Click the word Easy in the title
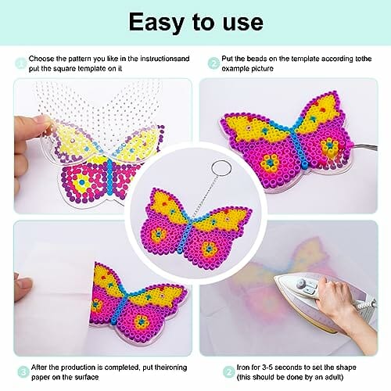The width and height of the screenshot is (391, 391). [157, 23]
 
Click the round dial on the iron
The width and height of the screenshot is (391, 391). [302, 283]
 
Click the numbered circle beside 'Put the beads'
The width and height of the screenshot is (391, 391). [213, 63]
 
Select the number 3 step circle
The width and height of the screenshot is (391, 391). [23, 372]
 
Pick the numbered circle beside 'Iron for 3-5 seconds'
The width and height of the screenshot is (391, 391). [229, 372]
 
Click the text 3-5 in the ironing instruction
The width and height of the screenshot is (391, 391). [267, 368]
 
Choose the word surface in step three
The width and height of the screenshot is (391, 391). [87, 377]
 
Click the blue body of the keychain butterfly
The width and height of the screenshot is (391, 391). [187, 231]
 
